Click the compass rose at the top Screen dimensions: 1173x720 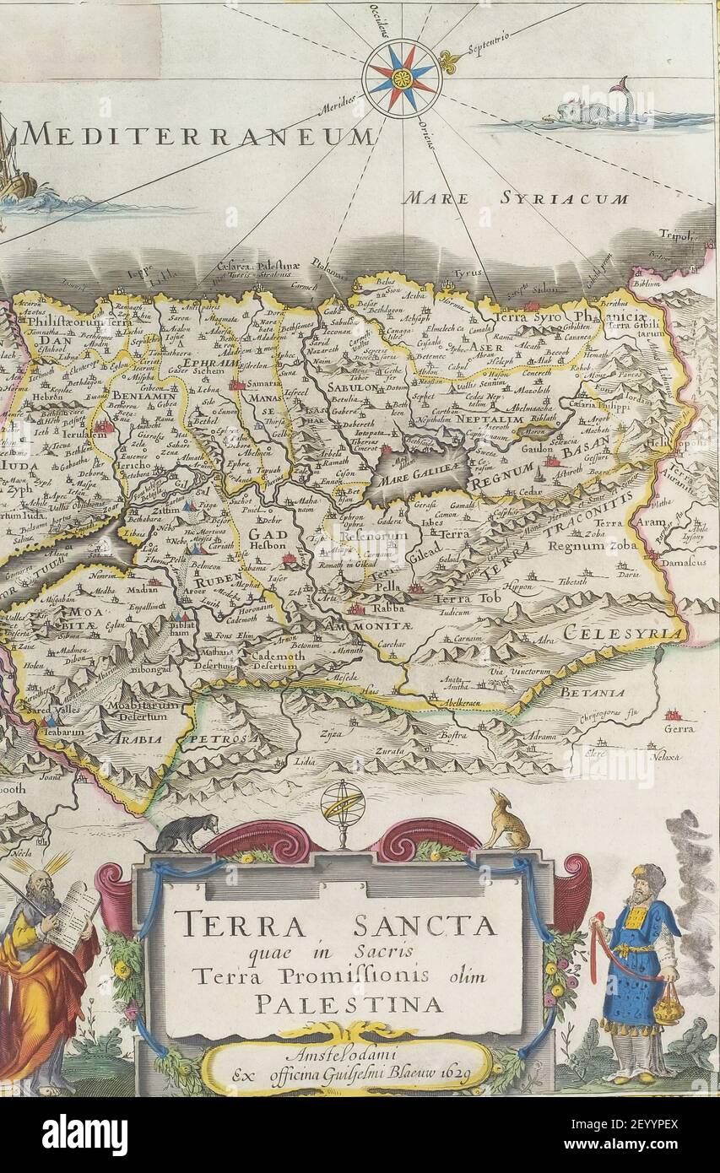click(x=402, y=78)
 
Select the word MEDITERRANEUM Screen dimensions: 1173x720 click(x=198, y=135)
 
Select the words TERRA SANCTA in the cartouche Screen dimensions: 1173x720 click(x=339, y=927)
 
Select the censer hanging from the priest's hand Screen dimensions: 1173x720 click(x=667, y=1008)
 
